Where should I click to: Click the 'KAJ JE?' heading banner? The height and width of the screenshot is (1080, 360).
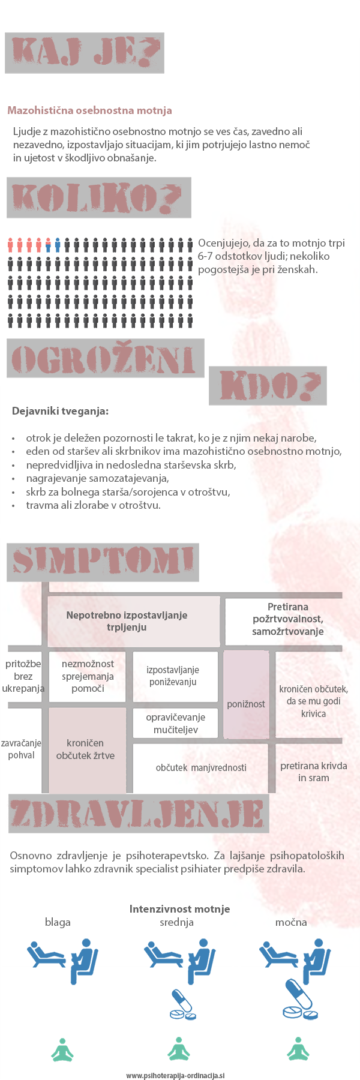pyautogui.click(x=85, y=53)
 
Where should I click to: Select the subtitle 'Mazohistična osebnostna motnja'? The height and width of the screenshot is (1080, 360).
pyautogui.click(x=89, y=110)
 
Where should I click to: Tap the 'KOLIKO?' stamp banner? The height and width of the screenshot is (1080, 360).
pyautogui.click(x=99, y=197)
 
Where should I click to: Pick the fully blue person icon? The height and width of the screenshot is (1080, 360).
pyautogui.click(x=58, y=245)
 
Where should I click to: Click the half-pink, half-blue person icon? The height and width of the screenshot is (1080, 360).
pyautogui.click(x=48, y=245)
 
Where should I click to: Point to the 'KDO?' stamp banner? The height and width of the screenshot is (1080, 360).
pyautogui.click(x=268, y=385)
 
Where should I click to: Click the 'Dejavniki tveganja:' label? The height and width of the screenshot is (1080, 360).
pyautogui.click(x=60, y=412)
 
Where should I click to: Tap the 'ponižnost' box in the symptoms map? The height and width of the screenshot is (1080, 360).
pyautogui.click(x=246, y=703)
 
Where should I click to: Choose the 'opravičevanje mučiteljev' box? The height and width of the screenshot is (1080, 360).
pyautogui.click(x=175, y=723)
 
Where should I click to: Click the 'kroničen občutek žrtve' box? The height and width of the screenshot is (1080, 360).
pyautogui.click(x=86, y=749)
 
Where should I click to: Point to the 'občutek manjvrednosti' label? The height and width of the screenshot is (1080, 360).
pyautogui.click(x=201, y=767)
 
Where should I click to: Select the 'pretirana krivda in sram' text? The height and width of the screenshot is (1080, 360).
pyautogui.click(x=313, y=772)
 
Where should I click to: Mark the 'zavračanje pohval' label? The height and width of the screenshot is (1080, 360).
pyautogui.click(x=21, y=749)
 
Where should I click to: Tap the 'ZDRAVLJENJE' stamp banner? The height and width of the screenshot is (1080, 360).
pyautogui.click(x=139, y=814)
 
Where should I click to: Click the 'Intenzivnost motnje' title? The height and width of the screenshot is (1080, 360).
pyautogui.click(x=179, y=909)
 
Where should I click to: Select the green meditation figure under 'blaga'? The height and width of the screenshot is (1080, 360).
pyautogui.click(x=62, y=1049)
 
